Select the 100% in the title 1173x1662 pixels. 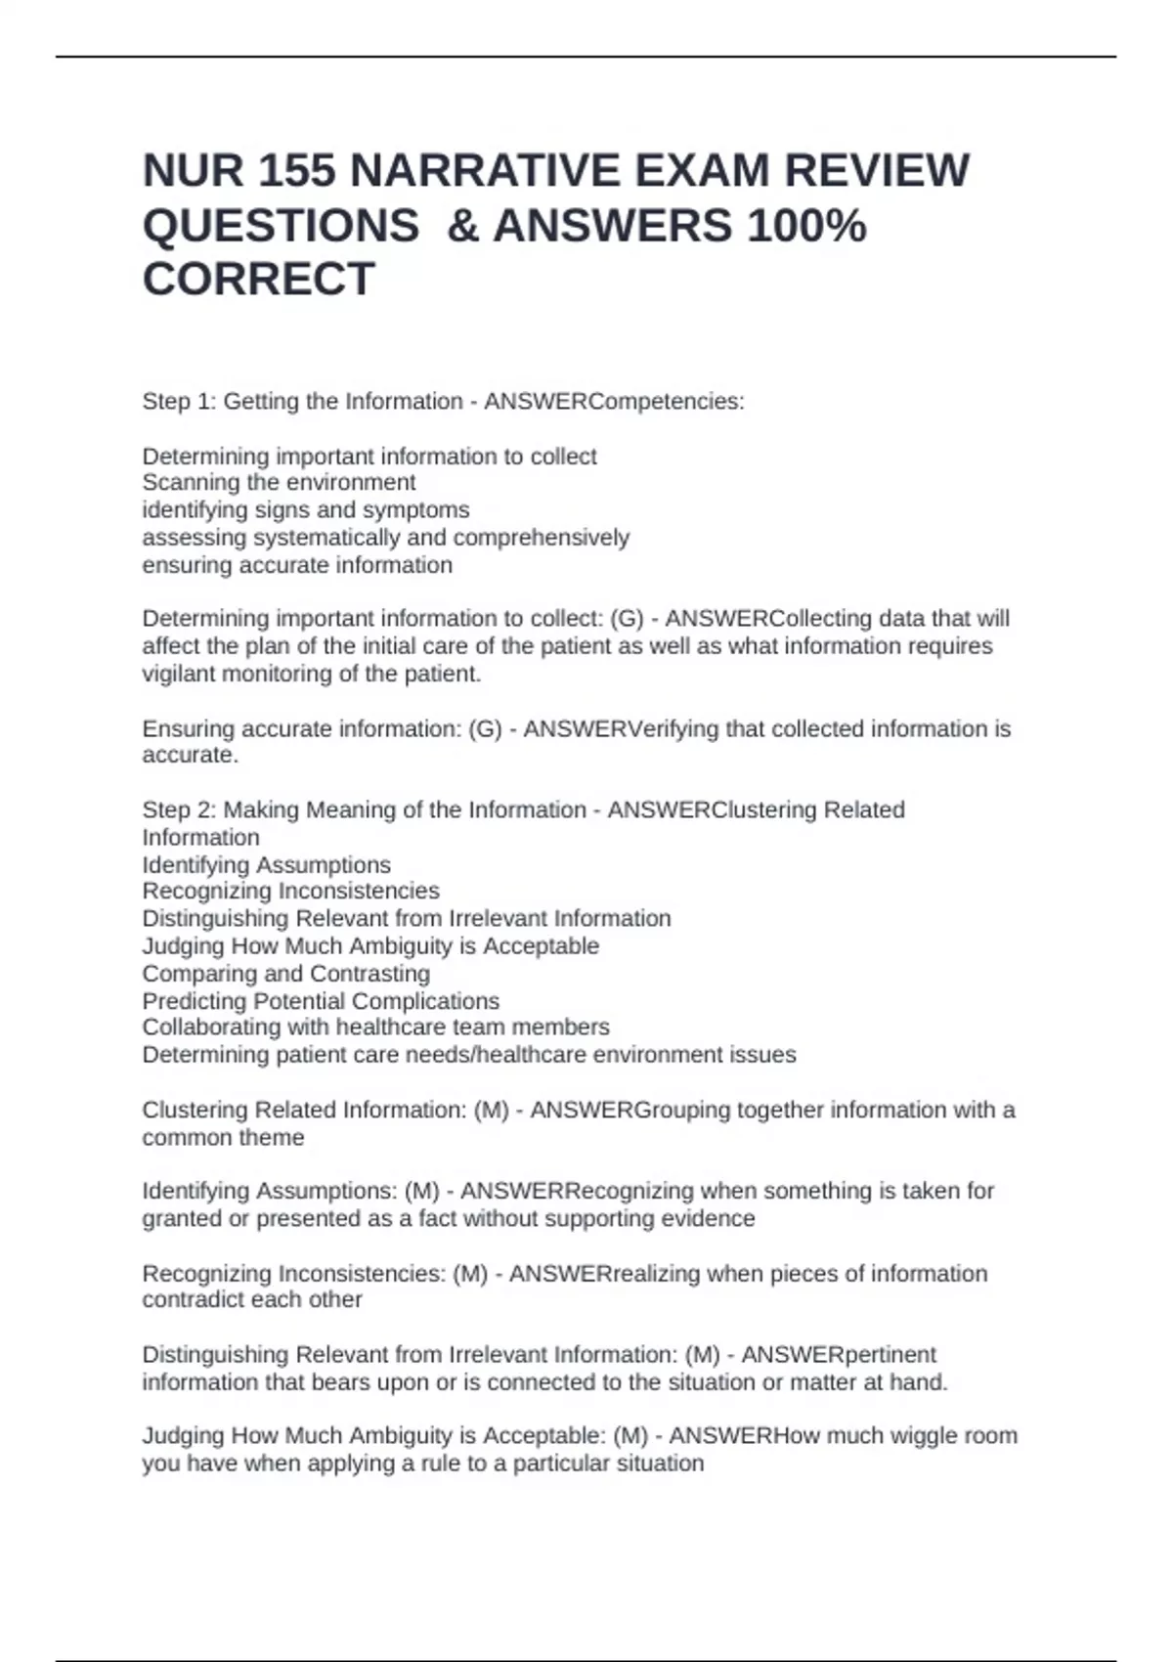[805, 226]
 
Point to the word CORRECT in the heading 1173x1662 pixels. [258, 280]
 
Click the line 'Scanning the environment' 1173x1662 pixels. [279, 483]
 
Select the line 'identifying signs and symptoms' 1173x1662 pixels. [305, 510]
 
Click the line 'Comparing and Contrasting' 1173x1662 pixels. [285, 974]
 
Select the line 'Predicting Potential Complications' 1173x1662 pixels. [321, 1001]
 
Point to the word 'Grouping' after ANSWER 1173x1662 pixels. [682, 1111]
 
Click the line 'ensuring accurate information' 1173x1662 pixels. [297, 565]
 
